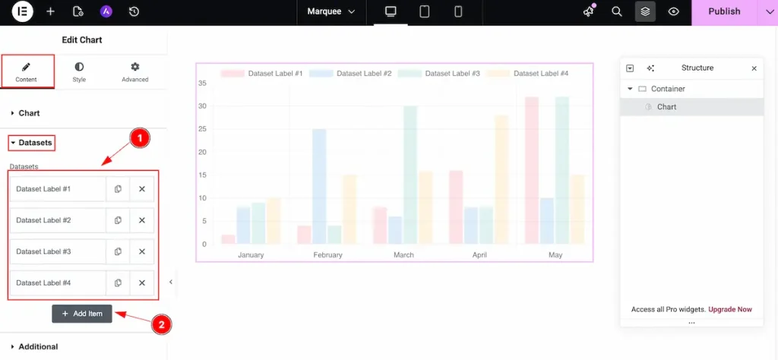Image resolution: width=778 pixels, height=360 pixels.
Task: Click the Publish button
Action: click(x=723, y=11)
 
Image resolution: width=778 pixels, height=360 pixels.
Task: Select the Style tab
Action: click(x=79, y=72)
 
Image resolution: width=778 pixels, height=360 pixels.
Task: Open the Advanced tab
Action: click(x=135, y=72)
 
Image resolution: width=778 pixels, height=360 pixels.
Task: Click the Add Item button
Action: click(x=82, y=314)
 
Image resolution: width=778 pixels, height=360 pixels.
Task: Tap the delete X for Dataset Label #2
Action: click(x=142, y=220)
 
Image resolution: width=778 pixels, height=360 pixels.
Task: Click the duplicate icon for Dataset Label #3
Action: click(x=118, y=251)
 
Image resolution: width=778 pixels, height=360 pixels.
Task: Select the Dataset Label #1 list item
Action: click(x=57, y=189)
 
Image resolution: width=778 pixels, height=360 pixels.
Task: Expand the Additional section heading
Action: click(x=38, y=346)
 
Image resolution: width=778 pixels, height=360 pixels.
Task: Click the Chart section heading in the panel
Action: click(x=29, y=113)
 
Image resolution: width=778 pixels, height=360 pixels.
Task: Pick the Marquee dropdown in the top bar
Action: click(x=330, y=11)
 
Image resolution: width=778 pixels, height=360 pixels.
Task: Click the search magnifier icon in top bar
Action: click(x=617, y=11)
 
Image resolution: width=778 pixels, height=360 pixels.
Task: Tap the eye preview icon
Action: click(x=673, y=11)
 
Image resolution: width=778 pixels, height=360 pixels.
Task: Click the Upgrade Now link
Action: click(x=729, y=309)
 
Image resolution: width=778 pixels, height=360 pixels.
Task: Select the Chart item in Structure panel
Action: click(x=666, y=107)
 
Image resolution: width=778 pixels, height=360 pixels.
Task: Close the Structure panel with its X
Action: click(x=754, y=68)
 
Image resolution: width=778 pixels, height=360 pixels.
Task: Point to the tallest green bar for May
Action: click(x=562, y=170)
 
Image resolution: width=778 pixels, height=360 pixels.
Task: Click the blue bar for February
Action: click(x=319, y=186)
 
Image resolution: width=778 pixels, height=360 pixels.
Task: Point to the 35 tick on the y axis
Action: click(x=202, y=83)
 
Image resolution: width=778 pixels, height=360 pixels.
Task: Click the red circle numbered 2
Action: click(x=160, y=324)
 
